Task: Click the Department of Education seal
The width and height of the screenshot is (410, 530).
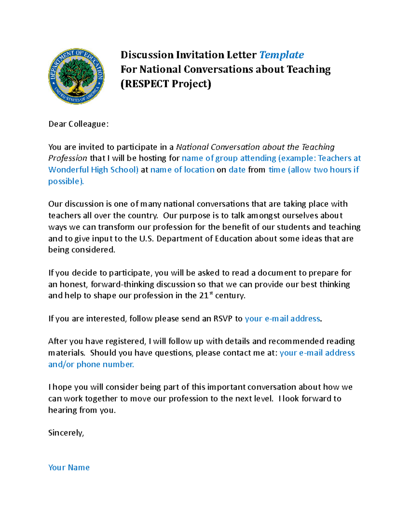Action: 76,76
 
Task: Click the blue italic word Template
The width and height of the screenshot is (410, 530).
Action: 282,55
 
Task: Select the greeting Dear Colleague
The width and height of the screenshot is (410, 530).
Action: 78,124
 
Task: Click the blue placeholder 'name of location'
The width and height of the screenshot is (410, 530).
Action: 182,170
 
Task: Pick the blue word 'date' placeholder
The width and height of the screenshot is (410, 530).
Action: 237,170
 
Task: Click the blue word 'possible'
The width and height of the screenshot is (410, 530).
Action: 65,181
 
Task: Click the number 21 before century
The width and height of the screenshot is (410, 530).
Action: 203,296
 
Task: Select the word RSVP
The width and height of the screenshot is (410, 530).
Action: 223,319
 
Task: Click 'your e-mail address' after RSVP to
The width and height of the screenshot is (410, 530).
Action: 283,319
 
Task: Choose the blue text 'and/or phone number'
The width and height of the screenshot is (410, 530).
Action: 91,364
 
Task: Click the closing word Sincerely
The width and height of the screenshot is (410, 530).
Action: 66,433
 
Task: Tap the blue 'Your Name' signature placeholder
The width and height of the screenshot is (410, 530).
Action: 69,468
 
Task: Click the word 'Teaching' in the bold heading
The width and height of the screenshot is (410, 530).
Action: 309,70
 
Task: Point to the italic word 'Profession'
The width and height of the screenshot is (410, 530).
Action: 68,158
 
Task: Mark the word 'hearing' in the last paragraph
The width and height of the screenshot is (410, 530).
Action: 63,410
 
